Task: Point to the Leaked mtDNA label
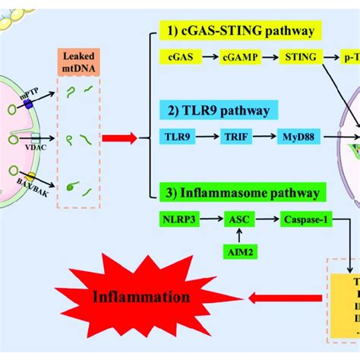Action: click(x=77, y=64)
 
